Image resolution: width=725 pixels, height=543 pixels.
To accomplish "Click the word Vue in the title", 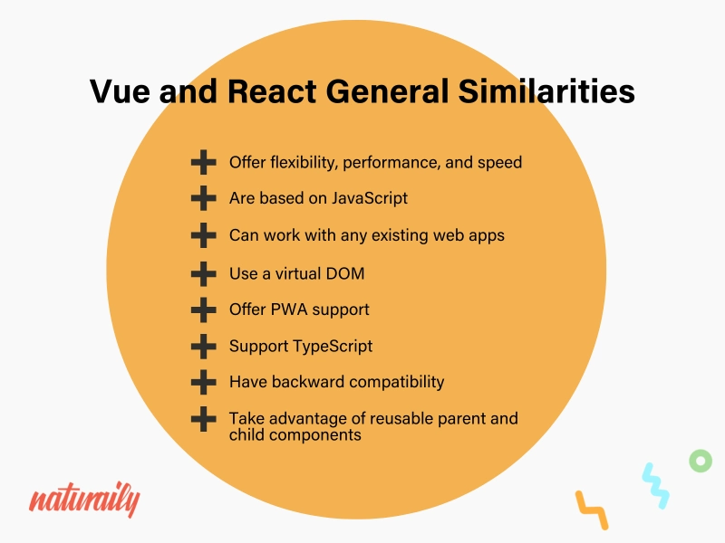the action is pyautogui.click(x=120, y=90).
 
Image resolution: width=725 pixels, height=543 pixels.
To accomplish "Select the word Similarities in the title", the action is pyautogui.click(x=546, y=90).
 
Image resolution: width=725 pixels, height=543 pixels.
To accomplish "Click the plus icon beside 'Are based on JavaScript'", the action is pyautogui.click(x=203, y=198).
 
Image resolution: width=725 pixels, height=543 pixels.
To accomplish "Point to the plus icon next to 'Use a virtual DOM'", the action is pyautogui.click(x=203, y=274).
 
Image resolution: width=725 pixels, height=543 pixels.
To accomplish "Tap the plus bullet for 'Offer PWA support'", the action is pyautogui.click(x=203, y=310).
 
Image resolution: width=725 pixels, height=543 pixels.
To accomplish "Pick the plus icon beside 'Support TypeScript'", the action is pyautogui.click(x=203, y=347).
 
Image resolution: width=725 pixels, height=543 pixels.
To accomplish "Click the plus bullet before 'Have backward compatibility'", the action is pyautogui.click(x=203, y=382).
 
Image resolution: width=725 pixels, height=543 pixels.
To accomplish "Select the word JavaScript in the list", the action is pyautogui.click(x=370, y=198).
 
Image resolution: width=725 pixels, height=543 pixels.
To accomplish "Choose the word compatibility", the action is pyautogui.click(x=397, y=382).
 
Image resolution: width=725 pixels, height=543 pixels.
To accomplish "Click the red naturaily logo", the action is pyautogui.click(x=84, y=499).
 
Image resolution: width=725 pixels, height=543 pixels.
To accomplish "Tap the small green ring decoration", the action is pyautogui.click(x=701, y=461).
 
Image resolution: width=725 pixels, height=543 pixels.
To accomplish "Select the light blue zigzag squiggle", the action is pyautogui.click(x=655, y=486).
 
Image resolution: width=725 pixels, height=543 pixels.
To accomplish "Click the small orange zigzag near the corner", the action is pyautogui.click(x=592, y=510).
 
